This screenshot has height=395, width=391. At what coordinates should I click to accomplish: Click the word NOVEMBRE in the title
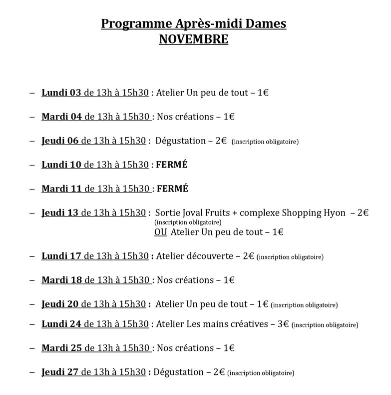[x=193, y=39]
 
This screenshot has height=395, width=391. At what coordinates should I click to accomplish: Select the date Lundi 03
[x=61, y=92]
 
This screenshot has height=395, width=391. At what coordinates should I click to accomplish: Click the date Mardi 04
[x=61, y=116]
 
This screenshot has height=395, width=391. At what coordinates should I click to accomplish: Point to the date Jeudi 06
[x=60, y=141]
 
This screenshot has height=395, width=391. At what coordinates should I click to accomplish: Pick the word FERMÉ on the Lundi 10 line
[x=172, y=164]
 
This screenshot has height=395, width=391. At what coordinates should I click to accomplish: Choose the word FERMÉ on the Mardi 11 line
[x=173, y=188]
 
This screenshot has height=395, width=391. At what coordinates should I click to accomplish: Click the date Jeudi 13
[x=60, y=212]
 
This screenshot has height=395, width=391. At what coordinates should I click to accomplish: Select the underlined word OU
[x=161, y=232]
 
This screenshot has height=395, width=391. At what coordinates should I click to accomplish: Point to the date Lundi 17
[x=61, y=256]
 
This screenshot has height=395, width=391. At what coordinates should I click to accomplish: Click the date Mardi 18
[x=61, y=280]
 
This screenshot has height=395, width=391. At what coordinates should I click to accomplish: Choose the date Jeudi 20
[x=60, y=304]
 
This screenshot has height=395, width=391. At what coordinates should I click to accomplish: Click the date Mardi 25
[x=61, y=348]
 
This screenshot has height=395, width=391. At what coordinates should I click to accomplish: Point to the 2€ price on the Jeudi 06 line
[x=221, y=141]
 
